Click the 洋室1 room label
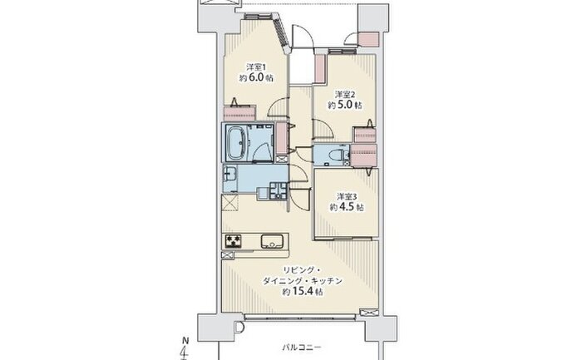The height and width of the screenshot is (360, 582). coord(256,67)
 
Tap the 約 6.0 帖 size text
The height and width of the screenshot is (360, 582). coord(256,78)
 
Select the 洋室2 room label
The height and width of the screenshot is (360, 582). coord(345,94)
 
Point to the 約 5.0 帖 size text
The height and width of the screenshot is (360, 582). coord(345,105)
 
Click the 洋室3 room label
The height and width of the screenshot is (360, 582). coord(347,196)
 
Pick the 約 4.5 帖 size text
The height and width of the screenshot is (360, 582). coord(347,207)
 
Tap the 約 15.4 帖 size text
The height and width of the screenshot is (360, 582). coord(302,292)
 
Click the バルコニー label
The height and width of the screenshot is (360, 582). coord(301,348)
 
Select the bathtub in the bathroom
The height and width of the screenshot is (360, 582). coord(235,142)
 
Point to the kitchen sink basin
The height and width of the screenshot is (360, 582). coord(273,241)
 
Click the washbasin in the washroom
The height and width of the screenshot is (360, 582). coord(229,174)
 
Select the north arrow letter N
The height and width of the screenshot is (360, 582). coord(185,339)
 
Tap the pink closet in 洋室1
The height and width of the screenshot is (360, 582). coord(239,113)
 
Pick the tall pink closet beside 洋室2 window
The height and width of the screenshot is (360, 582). coord(320,69)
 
